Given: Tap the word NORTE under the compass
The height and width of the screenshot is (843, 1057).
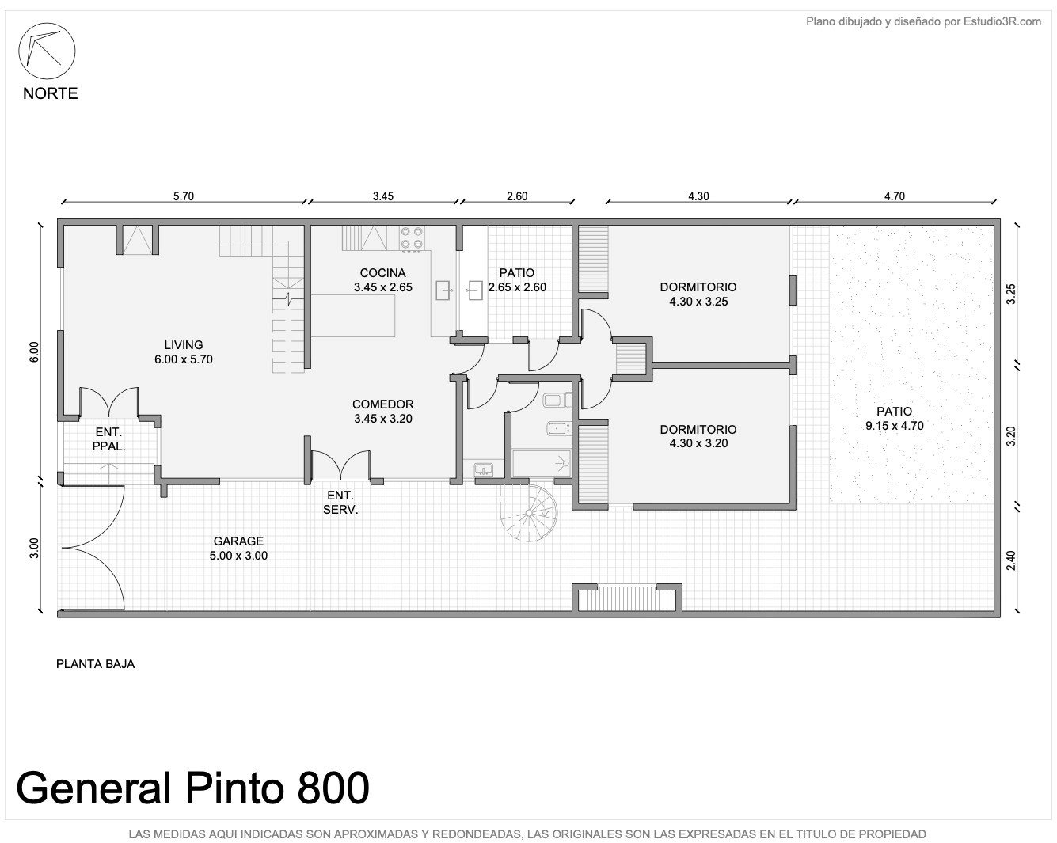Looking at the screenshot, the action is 50,93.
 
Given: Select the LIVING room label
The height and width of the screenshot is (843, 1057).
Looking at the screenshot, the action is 183,344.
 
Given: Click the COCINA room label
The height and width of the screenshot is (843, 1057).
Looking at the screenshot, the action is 382,273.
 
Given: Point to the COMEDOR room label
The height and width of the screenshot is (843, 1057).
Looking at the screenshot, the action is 382,404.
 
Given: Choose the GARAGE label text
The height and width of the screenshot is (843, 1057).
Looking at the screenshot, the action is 238,541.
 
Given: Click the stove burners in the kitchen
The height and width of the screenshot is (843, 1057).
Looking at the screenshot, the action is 412,238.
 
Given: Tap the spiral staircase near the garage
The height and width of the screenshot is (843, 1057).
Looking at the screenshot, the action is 529,513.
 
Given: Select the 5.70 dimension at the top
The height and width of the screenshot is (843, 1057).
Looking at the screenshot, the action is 183,196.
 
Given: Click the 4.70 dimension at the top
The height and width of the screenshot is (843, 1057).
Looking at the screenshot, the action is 894,196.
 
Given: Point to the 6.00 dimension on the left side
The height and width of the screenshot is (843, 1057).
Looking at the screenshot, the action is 34,351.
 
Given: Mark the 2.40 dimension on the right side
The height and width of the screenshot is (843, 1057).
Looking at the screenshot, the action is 1010,560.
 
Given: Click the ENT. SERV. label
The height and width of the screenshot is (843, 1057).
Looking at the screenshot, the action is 340,503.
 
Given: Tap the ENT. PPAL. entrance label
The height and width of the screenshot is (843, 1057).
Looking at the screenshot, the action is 108,439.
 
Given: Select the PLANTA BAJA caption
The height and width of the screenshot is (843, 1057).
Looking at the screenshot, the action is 95,664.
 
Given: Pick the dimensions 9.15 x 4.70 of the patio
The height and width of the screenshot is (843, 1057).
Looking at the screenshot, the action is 894,426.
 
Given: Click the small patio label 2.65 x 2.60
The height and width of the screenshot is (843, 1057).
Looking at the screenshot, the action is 517,287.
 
